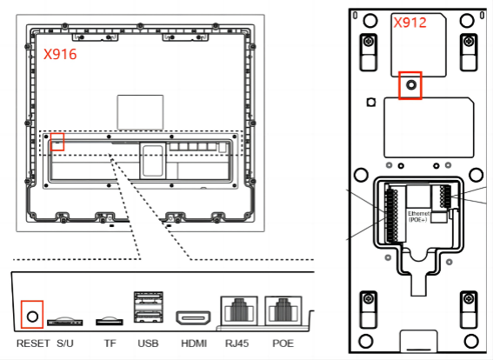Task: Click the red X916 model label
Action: (60, 54)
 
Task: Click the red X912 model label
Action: (410, 23)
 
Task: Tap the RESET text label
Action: (33, 343)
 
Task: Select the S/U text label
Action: (65, 343)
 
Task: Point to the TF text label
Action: (110, 343)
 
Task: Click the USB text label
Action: (148, 343)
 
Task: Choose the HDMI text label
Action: (194, 343)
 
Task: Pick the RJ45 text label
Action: (237, 343)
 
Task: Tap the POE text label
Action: (283, 343)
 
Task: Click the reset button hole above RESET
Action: (33, 317)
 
